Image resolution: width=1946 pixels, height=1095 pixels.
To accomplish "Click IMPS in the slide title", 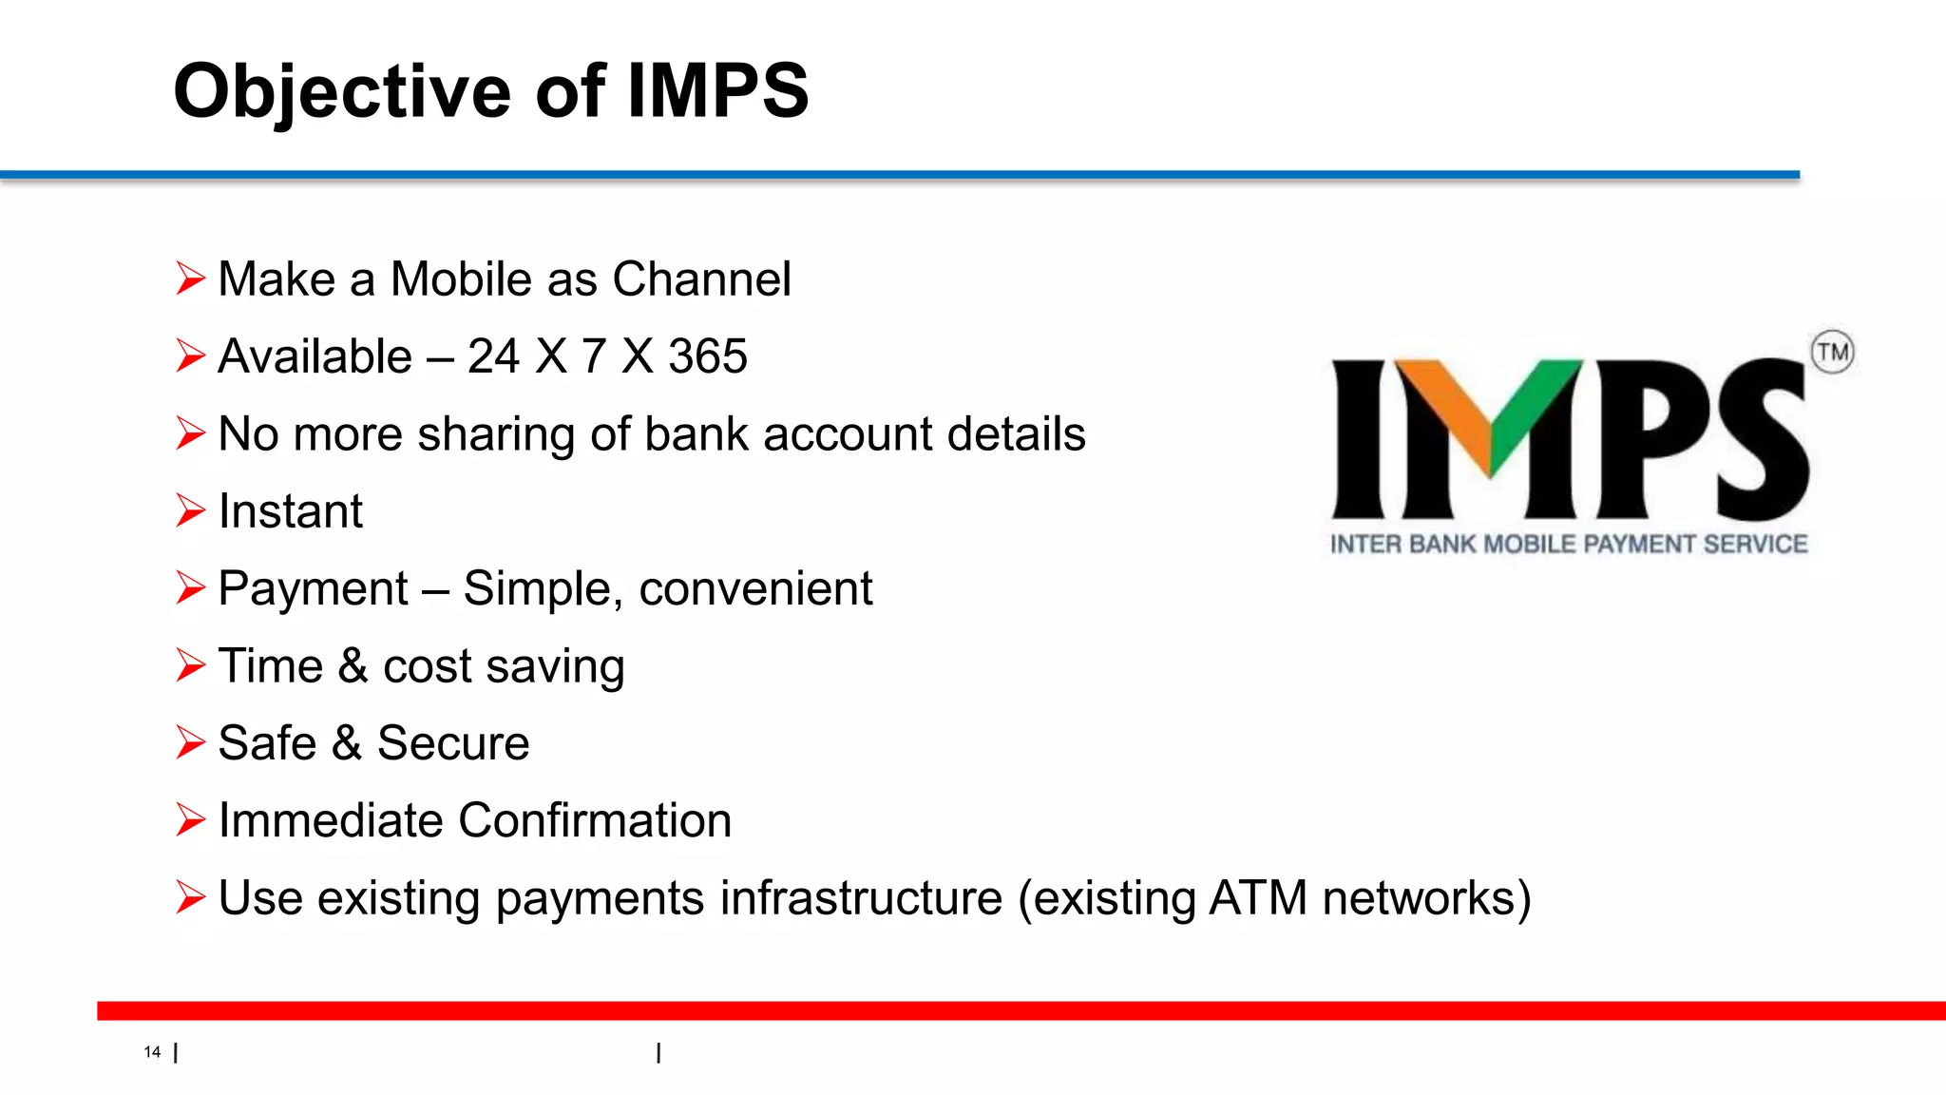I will pyautogui.click(x=717, y=92).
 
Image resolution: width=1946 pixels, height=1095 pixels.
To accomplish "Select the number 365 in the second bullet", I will pyautogui.click(x=708, y=357).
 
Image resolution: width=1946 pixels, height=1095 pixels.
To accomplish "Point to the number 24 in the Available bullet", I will pyautogui.click(x=493, y=357).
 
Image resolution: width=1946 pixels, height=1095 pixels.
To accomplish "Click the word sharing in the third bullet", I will pyautogui.click(x=496, y=435).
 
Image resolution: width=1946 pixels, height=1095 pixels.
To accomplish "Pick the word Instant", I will pyautogui.click(x=290, y=512).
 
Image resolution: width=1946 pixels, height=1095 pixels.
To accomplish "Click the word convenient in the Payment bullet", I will pyautogui.click(x=755, y=589).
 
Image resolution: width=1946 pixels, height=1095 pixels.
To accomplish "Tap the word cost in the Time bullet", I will pyautogui.click(x=427, y=666).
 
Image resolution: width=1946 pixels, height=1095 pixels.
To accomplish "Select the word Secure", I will pyautogui.click(x=453, y=743).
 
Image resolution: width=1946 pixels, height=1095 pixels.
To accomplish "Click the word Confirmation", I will pyautogui.click(x=595, y=820).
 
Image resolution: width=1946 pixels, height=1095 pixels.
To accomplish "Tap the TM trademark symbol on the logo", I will pyautogui.click(x=1832, y=353).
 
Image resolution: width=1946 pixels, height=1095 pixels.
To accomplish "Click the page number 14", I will pyautogui.click(x=152, y=1052).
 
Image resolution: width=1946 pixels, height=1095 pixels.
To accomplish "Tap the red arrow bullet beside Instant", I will pyautogui.click(x=190, y=511).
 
